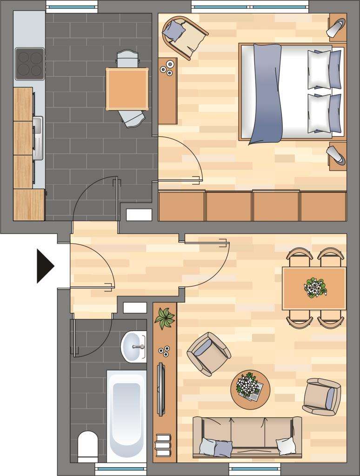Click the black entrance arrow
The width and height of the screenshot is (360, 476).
tap(45, 266)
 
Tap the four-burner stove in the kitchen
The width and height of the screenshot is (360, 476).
tap(29, 64)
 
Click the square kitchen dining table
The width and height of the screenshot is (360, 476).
tap(127, 89)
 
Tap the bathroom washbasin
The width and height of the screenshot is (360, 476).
tap(134, 347)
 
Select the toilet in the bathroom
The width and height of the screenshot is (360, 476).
tap(87, 446)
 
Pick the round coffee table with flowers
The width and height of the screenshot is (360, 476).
tap(250, 390)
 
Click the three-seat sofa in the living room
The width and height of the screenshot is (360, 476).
tap(247, 437)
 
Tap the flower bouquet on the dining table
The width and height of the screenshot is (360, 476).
tap(315, 287)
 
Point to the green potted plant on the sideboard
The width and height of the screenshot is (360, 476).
tap(164, 318)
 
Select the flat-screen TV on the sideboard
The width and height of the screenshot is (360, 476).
tap(160, 389)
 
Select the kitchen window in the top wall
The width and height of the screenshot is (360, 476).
tap(72, 8)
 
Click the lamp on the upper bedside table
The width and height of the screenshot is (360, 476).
tap(337, 27)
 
